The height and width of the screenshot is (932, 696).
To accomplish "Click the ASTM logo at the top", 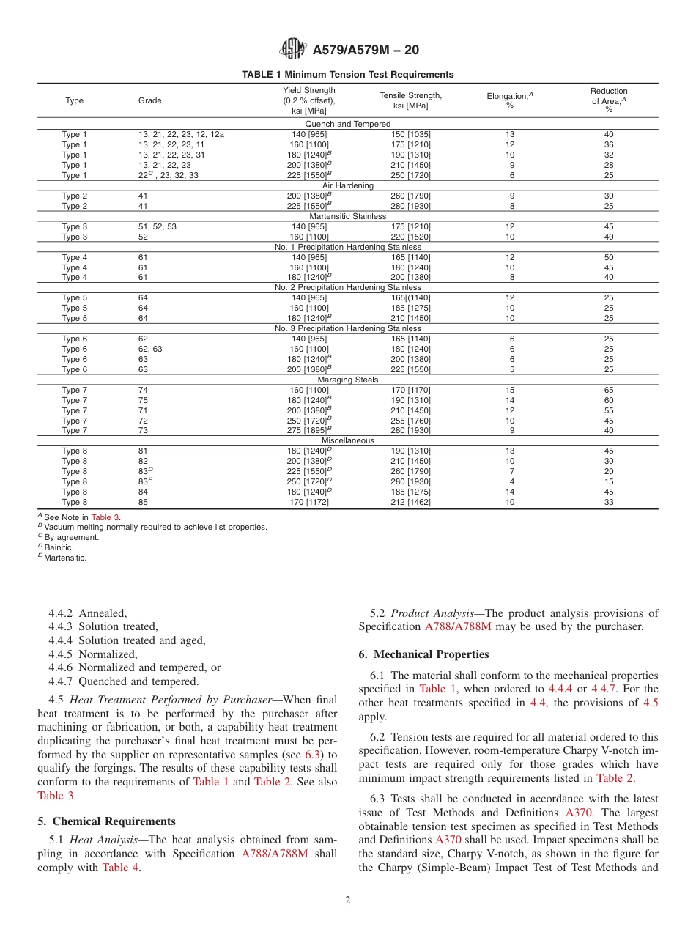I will click(x=293, y=49).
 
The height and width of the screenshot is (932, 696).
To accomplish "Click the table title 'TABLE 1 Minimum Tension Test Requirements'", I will click(x=347, y=75).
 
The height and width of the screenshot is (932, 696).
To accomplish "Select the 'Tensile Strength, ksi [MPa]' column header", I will click(x=410, y=100).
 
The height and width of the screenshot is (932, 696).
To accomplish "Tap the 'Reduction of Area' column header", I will click(x=608, y=100).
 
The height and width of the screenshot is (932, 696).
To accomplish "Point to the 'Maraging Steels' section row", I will click(x=347, y=380).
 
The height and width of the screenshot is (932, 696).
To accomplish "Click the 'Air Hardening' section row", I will click(x=347, y=185).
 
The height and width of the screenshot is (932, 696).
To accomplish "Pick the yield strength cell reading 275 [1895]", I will click(x=308, y=430).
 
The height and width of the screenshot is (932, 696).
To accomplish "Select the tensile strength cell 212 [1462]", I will click(x=411, y=502).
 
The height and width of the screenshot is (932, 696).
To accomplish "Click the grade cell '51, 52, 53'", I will click(x=157, y=226).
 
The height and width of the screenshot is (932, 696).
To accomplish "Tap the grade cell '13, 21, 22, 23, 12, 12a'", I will click(x=181, y=134).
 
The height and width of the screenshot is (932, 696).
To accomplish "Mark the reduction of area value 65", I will click(x=608, y=390).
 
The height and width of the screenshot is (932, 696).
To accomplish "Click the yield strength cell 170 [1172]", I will click(x=308, y=502).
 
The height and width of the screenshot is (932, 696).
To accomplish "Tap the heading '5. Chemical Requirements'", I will click(x=106, y=821).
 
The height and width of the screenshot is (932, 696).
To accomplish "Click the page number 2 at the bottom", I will click(x=348, y=900).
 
